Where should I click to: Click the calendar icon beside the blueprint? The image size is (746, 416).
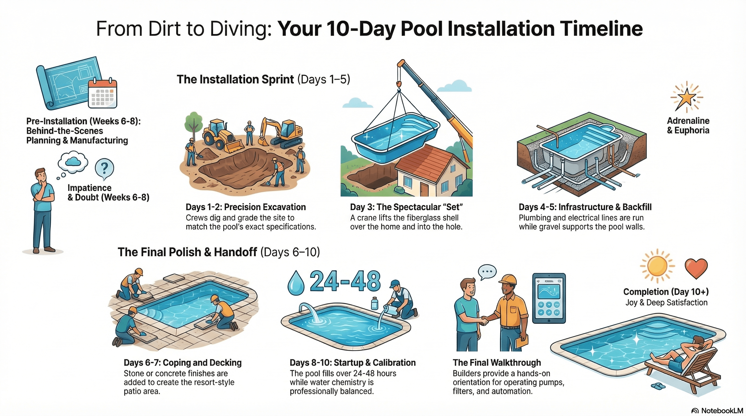point(103,93)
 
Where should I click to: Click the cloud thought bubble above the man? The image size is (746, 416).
point(73,161)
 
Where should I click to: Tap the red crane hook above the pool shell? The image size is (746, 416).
point(399,84)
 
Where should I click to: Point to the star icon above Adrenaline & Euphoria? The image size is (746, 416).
point(687,98)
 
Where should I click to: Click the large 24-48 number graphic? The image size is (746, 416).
point(345,281)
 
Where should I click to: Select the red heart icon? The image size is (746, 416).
point(696,268)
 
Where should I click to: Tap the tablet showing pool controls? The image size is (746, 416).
point(549,298)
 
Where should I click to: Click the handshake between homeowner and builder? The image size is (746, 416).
point(484,320)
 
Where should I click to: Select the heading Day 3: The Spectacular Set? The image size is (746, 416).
point(406,207)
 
